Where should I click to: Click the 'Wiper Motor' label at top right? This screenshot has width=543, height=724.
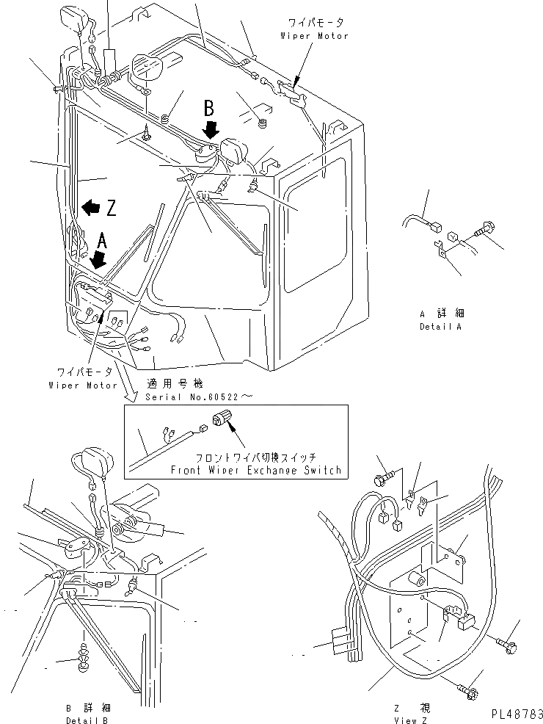coord(314,36)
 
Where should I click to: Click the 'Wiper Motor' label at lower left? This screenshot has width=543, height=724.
coord(82,385)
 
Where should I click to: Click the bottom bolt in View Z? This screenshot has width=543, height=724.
coord(467,690)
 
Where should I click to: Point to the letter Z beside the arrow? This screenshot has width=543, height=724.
coord(111,209)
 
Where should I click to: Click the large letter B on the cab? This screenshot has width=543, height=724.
coord(209,109)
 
